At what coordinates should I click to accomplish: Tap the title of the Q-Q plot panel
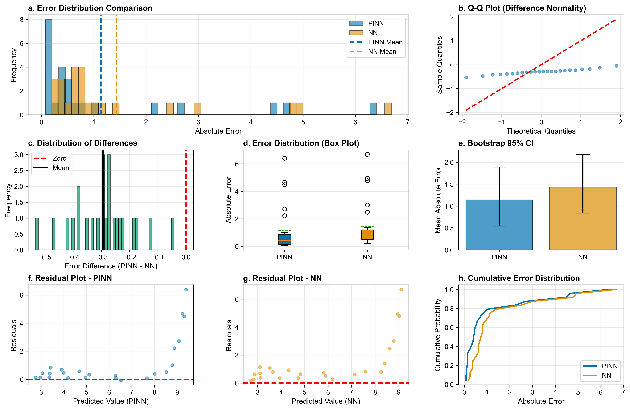pos(522,8)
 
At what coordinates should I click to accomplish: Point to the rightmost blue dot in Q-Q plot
pos(616,66)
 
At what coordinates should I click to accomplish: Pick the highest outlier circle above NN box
pos(367,154)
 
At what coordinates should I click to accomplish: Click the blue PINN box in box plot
pos(284,239)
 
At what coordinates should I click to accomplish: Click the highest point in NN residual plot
pos(401,289)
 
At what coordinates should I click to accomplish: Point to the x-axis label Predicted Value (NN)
pos(326,401)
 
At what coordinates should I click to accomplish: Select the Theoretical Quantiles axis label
pos(541,131)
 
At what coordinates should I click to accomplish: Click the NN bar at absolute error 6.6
pos(388,109)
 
